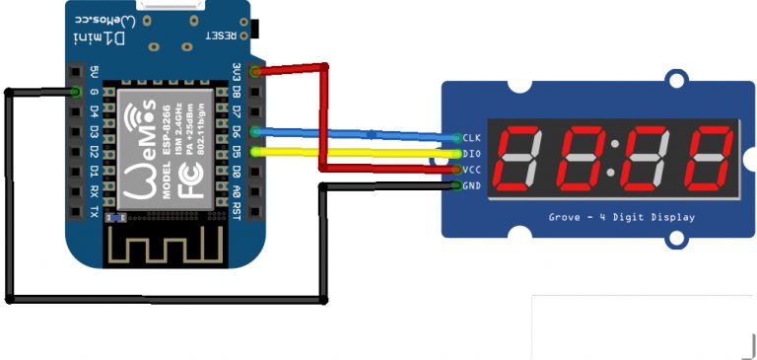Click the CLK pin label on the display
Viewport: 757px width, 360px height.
pos(471,137)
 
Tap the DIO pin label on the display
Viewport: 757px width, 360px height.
pos(471,153)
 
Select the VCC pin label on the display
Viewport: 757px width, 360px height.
pos(471,170)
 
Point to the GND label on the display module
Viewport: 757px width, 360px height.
pos(471,185)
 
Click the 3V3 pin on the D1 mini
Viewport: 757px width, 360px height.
pos(236,73)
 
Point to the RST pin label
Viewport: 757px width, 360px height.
pos(236,210)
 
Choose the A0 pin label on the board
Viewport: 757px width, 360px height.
pos(236,191)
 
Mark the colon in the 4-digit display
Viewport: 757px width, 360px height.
pos(614,158)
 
